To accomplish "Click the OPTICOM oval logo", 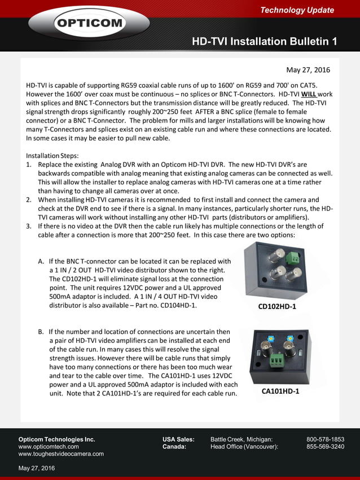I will point(89,24).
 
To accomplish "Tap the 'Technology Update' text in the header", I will point(297,10).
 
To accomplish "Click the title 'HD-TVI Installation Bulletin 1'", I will point(264,42).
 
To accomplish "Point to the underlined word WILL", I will point(309,94).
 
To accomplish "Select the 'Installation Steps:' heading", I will point(52,155).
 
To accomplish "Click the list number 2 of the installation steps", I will point(29,200).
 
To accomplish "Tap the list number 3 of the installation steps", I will point(29,226).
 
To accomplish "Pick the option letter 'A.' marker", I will point(41,261).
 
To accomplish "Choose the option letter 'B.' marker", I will point(41,332).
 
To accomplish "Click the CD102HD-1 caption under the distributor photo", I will point(277,307).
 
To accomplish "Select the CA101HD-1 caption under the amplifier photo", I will point(280,391).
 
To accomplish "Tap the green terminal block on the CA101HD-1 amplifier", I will point(276,361).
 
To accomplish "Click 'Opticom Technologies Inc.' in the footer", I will point(56,439).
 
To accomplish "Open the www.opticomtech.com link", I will point(49,447).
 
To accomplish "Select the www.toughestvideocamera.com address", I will point(61,454).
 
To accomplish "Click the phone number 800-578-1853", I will point(325,439).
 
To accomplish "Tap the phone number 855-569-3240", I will point(325,447).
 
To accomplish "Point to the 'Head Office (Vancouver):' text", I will point(244,447).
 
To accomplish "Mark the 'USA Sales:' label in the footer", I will point(178,439).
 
